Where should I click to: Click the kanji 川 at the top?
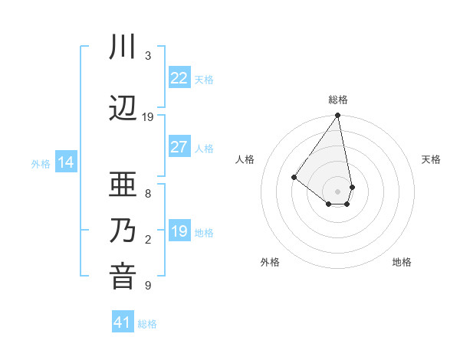click(x=123, y=48)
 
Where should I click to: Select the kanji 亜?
click(x=123, y=186)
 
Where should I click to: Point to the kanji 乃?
click(x=123, y=231)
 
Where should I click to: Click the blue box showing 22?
click(x=179, y=78)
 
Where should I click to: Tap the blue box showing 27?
click(x=179, y=147)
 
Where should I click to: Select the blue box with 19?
click(x=179, y=231)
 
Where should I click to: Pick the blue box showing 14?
click(x=66, y=162)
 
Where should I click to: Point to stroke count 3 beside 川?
click(x=148, y=56)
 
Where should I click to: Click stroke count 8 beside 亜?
click(x=148, y=194)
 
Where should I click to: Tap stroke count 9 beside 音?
click(x=148, y=286)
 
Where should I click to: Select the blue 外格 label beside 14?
click(x=41, y=163)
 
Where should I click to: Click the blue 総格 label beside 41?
click(x=147, y=324)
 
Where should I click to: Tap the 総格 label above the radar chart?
click(x=337, y=100)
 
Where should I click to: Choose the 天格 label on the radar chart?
click(x=432, y=159)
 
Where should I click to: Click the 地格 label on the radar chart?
click(x=402, y=262)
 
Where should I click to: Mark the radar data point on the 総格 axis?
click(x=337, y=116)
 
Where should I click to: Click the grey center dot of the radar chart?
click(x=337, y=191)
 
